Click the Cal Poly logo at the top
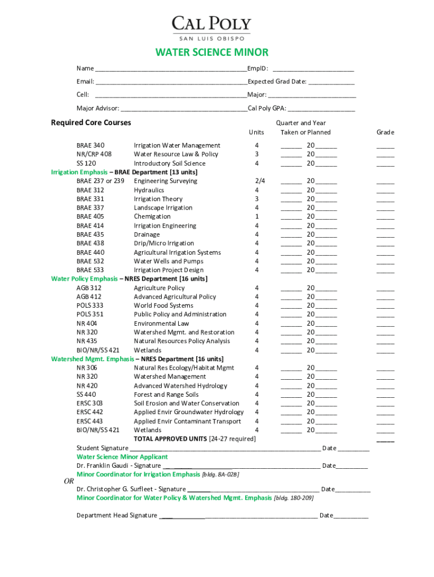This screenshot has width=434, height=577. click(x=211, y=28)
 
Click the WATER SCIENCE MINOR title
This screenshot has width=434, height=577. click(x=212, y=53)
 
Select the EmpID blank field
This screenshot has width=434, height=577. click(x=313, y=69)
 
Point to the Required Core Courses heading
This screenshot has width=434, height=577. click(x=91, y=123)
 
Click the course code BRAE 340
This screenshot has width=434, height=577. click(x=91, y=145)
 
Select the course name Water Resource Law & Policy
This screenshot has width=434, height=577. click(x=176, y=154)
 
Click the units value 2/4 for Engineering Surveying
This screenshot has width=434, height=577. click(x=259, y=181)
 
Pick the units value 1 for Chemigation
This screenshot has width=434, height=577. click(x=257, y=216)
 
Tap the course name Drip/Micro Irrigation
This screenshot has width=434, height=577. click(x=164, y=243)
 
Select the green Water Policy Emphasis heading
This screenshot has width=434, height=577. click(x=85, y=279)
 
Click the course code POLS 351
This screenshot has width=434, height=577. click(x=90, y=314)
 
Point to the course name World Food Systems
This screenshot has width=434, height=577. click(x=163, y=305)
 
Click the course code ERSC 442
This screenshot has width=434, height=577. click(x=90, y=412)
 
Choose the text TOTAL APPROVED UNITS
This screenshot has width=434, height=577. click(x=170, y=439)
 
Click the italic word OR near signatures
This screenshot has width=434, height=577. click(x=69, y=481)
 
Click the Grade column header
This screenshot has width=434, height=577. click(x=386, y=132)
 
